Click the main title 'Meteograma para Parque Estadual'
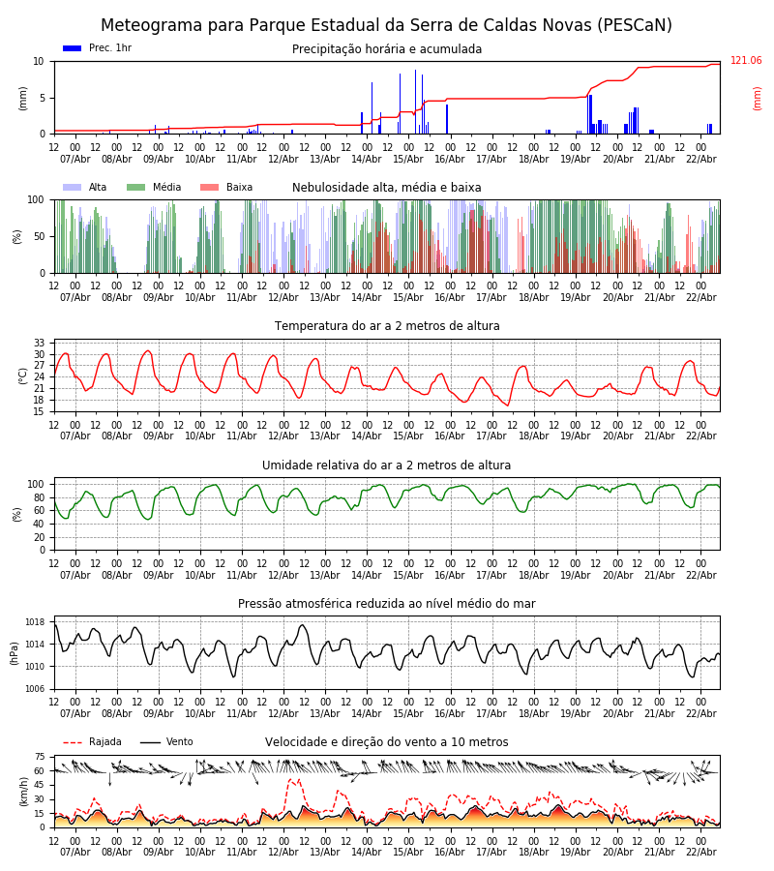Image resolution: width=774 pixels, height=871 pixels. point(386,26)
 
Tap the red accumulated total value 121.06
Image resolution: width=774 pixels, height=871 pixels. point(746,61)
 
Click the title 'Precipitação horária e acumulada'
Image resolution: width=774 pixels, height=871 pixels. point(387,49)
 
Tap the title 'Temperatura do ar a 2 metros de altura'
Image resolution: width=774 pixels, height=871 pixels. point(387,327)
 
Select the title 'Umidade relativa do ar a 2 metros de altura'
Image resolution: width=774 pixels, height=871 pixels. point(387,466)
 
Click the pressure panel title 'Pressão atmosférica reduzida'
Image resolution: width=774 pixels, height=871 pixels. point(387,604)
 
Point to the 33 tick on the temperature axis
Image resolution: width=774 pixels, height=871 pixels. point(40,344)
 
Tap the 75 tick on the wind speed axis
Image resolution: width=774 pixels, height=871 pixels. point(40,758)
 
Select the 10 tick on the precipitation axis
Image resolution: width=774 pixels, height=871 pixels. point(39,61)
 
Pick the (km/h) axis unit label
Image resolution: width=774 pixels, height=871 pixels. point(23,791)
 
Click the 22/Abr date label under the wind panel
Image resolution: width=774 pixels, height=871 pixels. point(700,852)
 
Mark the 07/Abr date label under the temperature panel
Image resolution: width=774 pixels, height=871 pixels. point(75,436)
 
